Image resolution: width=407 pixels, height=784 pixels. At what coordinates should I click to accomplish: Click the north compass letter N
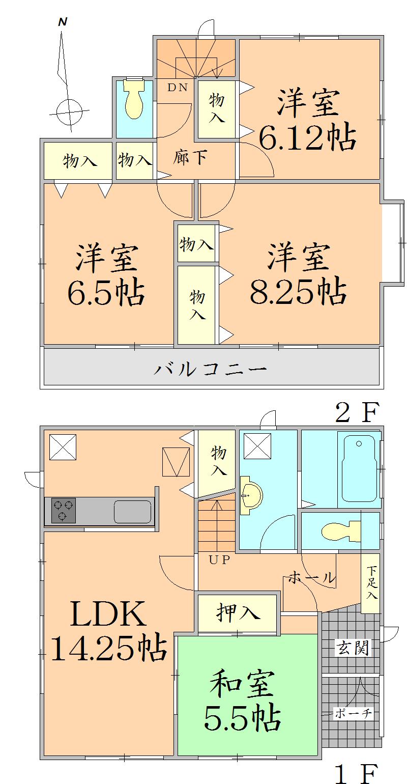click(63, 22)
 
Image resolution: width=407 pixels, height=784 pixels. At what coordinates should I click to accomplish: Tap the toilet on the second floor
click(134, 99)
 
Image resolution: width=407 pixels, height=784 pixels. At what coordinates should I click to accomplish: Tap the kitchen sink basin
click(132, 511)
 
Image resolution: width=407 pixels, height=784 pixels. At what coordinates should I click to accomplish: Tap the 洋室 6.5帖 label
click(106, 275)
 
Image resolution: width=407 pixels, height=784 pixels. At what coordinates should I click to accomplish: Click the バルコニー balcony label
click(210, 368)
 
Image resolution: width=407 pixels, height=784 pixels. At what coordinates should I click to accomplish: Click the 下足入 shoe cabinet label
click(372, 583)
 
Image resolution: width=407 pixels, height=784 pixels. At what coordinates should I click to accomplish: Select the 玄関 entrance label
click(353, 648)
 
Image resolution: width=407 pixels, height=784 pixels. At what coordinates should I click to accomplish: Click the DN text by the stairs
click(178, 88)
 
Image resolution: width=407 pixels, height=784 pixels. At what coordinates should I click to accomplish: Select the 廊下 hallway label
click(190, 158)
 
